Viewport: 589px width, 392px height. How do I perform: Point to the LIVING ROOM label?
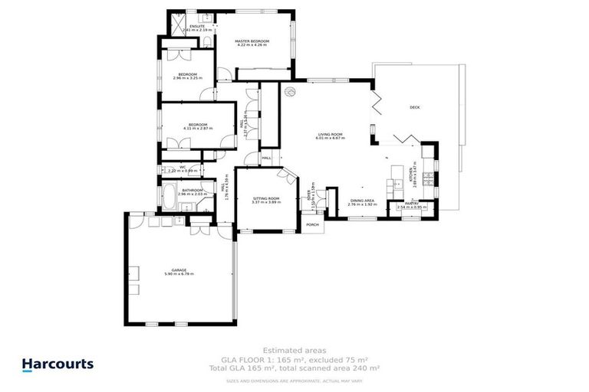(x=331, y=135)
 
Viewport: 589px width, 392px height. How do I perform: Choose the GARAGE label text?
(x=179, y=269)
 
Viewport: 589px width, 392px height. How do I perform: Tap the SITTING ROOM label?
(x=266, y=198)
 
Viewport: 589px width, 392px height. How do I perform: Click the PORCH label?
(x=312, y=224)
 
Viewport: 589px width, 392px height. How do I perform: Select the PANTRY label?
(x=411, y=204)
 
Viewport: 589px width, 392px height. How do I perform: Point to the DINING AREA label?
(x=363, y=201)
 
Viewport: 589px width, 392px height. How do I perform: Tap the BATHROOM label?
(x=192, y=190)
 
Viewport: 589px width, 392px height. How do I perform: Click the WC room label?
(x=183, y=166)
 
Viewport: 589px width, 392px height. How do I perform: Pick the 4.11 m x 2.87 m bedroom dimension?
(x=196, y=128)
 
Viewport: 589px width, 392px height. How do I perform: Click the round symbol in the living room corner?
(x=290, y=92)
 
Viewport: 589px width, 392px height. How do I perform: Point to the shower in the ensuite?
(x=177, y=28)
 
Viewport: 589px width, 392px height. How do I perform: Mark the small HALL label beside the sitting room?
(x=266, y=158)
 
